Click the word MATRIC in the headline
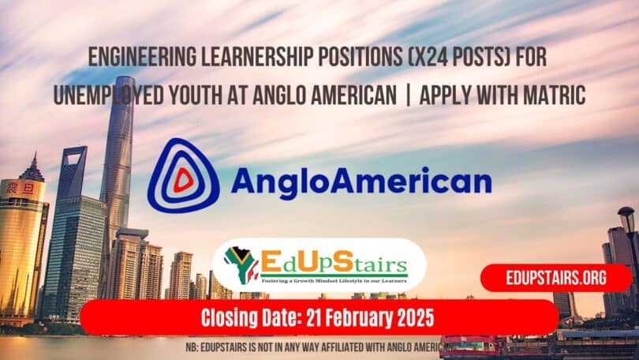[548, 96]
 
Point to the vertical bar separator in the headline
[407, 96]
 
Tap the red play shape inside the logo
[183, 181]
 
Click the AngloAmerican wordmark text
[360, 182]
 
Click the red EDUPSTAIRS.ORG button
[556, 278]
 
